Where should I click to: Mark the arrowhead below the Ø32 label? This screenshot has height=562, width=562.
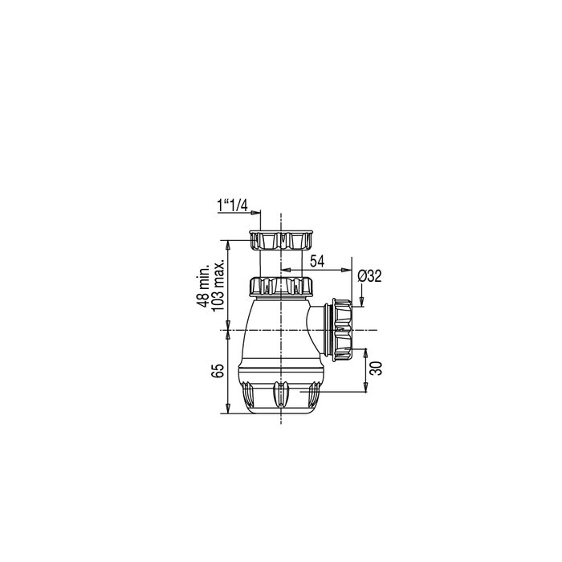(x=361, y=302)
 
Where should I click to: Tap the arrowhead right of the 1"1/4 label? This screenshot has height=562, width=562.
(x=258, y=213)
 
